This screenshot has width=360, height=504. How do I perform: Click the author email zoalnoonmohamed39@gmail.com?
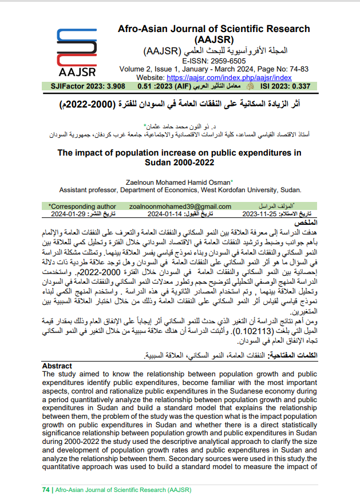point(180,206)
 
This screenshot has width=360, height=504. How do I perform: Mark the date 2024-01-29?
point(69,214)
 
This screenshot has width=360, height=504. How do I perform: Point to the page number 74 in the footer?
point(46,490)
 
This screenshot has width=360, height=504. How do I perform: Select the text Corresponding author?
point(78,206)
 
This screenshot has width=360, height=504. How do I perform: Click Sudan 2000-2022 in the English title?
point(180,164)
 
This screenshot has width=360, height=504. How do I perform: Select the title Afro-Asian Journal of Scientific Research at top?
point(213,29)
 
